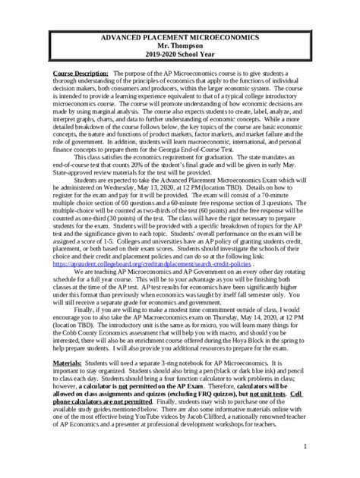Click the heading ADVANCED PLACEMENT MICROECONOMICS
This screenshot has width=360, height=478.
point(180,37)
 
